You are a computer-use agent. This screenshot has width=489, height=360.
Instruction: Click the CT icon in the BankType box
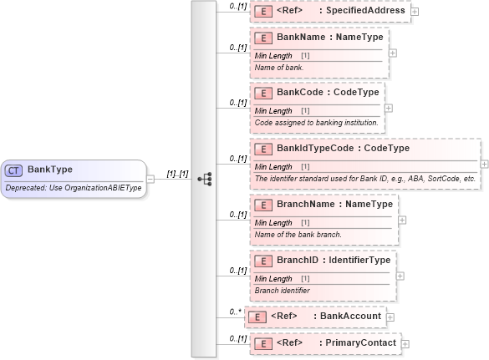pos(14,170)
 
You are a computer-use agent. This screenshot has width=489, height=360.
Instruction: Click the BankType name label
pos(50,170)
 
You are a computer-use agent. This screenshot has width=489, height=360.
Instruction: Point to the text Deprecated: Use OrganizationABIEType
pos(74,187)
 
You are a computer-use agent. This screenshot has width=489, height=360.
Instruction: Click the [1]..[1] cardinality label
pos(178,174)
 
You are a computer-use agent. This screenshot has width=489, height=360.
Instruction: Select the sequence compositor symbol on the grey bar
pos(204,179)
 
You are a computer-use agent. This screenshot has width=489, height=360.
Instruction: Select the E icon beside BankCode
pos(262,93)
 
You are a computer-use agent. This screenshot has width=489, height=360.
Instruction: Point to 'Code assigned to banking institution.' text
pos(316,123)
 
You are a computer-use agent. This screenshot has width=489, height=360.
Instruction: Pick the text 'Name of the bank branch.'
pos(298,234)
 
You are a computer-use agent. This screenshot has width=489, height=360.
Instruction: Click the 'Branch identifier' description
pos(283,290)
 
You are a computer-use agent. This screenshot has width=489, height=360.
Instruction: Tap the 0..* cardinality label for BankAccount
pos(235,312)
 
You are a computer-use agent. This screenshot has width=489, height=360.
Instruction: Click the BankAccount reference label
pos(352,317)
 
